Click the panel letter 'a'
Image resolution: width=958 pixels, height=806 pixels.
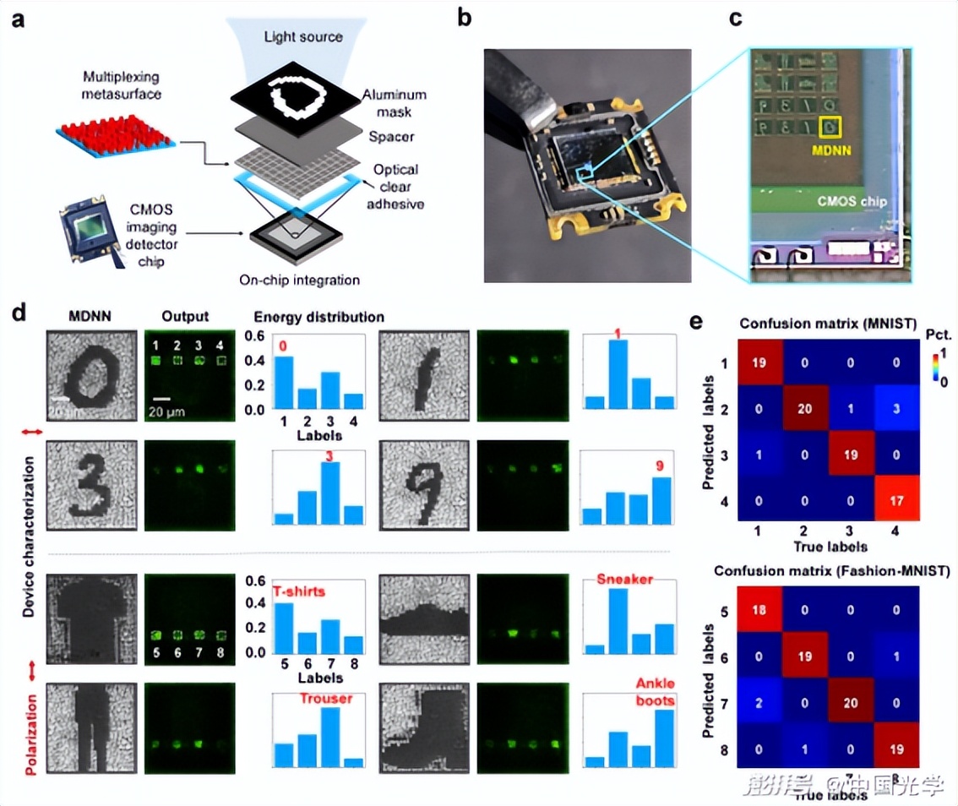[17, 19]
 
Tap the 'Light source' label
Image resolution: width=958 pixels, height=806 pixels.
[303, 37]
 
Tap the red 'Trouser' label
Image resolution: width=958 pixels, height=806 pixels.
[325, 699]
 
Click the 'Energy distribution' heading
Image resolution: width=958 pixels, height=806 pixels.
[319, 317]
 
